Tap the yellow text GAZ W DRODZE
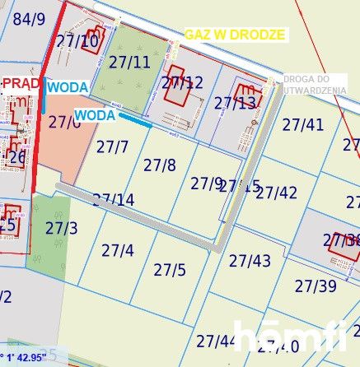(235, 35)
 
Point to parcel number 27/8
(160, 165)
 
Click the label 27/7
(112, 146)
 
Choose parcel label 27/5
(170, 269)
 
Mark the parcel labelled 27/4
(117, 249)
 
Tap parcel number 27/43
(250, 261)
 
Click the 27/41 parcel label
(303, 124)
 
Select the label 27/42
(277, 193)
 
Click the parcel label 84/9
(30, 19)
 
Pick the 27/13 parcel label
(235, 103)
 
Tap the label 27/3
(61, 227)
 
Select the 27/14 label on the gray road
(114, 199)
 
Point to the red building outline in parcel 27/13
(246, 94)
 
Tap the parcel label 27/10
(77, 40)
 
